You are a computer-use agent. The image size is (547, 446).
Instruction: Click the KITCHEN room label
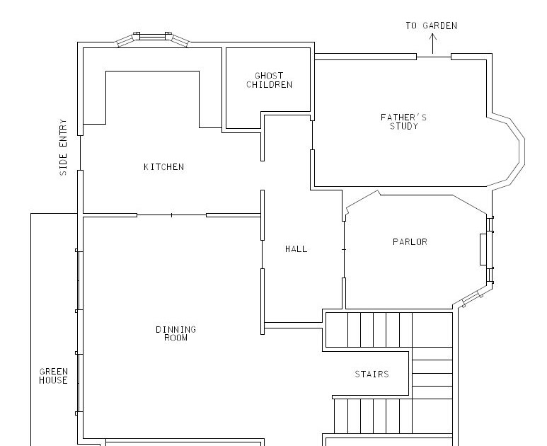163,167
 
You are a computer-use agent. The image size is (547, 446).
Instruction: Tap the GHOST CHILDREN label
269,80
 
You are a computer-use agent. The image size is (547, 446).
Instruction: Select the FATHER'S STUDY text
403,122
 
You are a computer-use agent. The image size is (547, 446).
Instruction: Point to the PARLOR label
410,242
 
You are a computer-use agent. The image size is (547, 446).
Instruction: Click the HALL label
296,248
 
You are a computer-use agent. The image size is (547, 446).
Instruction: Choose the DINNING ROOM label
175,333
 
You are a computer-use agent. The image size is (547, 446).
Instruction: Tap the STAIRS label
372,374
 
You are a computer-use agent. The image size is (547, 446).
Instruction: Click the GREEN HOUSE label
53,376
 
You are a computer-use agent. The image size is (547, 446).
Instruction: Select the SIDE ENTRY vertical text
63,147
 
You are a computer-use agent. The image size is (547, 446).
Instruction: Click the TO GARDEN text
431,25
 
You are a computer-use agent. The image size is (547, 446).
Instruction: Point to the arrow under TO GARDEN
432,44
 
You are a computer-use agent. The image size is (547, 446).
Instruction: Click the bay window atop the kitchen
152,39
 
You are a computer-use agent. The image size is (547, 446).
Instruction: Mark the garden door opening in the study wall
434,57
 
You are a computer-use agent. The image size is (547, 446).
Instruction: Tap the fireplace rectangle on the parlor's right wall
483,249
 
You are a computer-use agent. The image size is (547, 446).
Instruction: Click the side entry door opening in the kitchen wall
80,153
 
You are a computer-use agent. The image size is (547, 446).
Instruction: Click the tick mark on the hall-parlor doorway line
344,249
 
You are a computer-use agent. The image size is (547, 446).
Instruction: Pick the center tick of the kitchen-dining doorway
171,215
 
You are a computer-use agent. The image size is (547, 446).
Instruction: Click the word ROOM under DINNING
175,338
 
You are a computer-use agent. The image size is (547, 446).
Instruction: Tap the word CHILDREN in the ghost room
269,85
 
